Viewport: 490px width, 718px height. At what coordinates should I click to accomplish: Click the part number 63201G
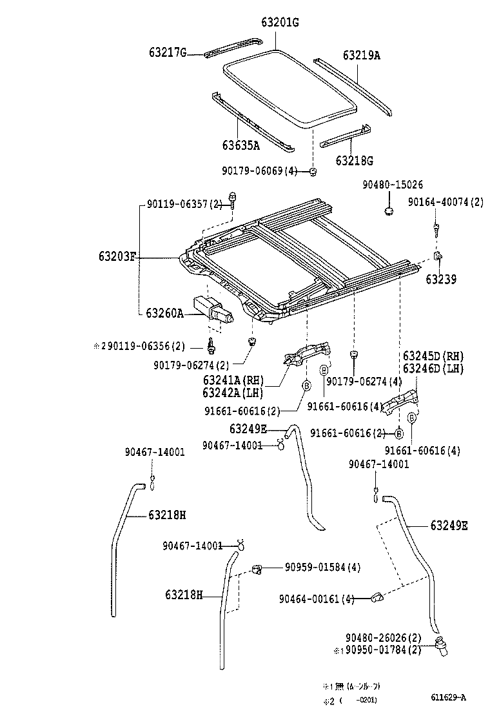280,23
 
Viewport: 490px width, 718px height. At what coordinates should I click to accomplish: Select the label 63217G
165,53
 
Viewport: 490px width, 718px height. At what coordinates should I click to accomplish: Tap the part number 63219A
361,56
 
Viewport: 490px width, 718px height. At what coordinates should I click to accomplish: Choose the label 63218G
354,159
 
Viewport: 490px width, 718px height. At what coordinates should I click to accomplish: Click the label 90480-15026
392,185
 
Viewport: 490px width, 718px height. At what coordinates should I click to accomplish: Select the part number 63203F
117,256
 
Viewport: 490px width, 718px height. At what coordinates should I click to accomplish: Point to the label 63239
441,280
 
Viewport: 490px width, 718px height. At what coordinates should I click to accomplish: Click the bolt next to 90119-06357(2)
233,201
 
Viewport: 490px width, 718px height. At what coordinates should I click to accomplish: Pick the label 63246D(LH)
433,368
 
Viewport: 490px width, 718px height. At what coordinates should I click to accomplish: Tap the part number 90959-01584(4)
322,568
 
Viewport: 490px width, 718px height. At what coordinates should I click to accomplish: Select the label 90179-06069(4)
260,171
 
